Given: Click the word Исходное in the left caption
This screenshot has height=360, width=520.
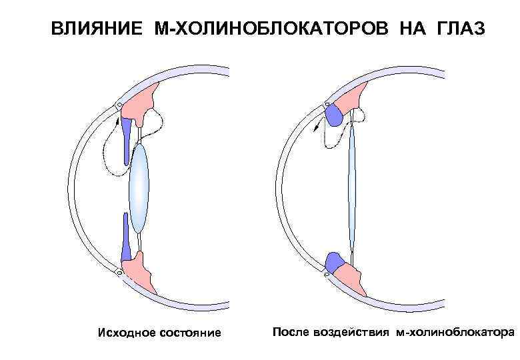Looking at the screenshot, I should pyautogui.click(x=125, y=332).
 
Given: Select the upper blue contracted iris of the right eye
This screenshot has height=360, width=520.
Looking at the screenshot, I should pyautogui.click(x=333, y=116).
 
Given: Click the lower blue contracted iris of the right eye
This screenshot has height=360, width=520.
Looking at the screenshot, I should pyautogui.click(x=332, y=261).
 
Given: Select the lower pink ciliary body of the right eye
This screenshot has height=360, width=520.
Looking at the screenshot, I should pyautogui.click(x=350, y=274).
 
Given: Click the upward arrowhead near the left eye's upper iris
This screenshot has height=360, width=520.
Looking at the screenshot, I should pyautogui.click(x=117, y=121).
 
